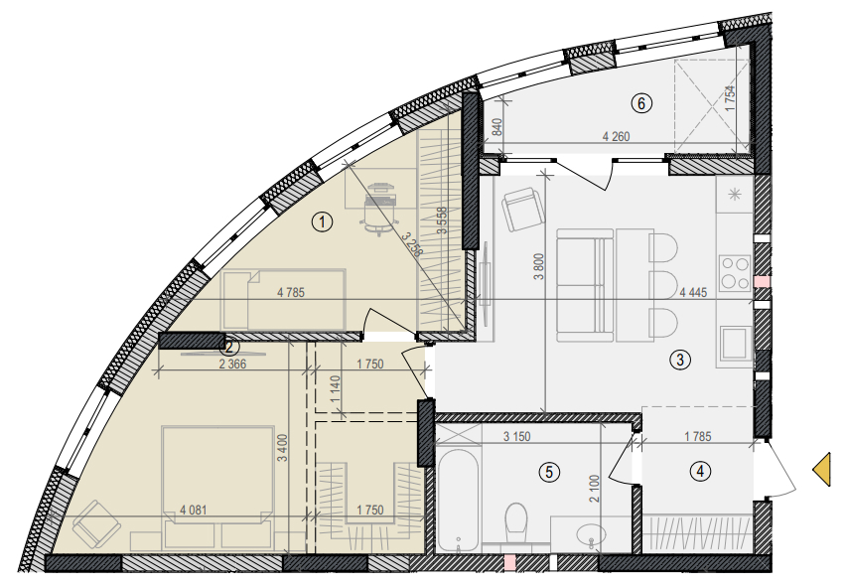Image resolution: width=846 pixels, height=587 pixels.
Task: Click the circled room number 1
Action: pyautogui.click(x=323, y=221)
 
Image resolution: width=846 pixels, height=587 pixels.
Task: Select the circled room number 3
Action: pyautogui.click(x=680, y=360)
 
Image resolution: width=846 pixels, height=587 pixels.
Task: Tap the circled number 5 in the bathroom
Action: pyautogui.click(x=549, y=473)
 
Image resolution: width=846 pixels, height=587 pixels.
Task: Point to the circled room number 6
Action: pyautogui.click(x=641, y=102)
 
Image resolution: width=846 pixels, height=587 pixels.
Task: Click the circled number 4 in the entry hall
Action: pyautogui.click(x=700, y=472)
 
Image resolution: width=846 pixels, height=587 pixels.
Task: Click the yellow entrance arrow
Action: pyautogui.click(x=822, y=470)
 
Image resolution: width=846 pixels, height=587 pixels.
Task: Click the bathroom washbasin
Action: pyautogui.click(x=591, y=534)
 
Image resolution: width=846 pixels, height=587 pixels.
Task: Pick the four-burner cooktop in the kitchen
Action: pyautogui.click(x=735, y=272)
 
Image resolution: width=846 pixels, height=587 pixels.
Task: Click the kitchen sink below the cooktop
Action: pyautogui.click(x=735, y=343)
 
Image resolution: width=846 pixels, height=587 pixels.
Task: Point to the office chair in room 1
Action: pyautogui.click(x=381, y=209)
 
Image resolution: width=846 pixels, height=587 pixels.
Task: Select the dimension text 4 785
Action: pyautogui.click(x=291, y=293)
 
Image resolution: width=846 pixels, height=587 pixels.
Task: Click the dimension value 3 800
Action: pyautogui.click(x=538, y=267)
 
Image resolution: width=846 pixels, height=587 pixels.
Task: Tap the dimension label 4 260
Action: pyautogui.click(x=617, y=137)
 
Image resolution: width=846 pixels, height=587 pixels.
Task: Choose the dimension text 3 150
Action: pyautogui.click(x=517, y=436)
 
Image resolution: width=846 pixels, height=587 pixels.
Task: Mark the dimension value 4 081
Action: pyautogui.click(x=194, y=510)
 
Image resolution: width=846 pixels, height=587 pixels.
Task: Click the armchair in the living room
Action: pyautogui.click(x=520, y=209)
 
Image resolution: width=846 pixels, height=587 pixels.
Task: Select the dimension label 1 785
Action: pyautogui.click(x=698, y=436)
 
